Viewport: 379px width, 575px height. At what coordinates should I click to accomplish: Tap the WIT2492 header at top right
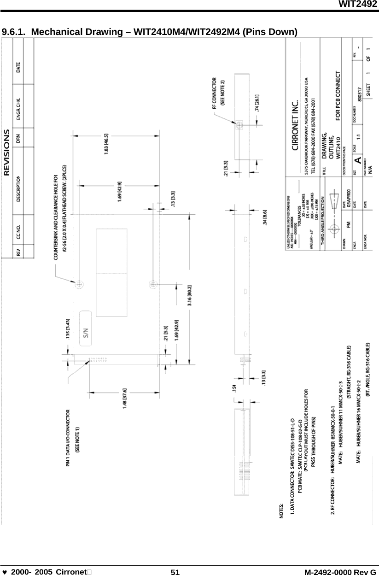[x=358, y=4]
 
